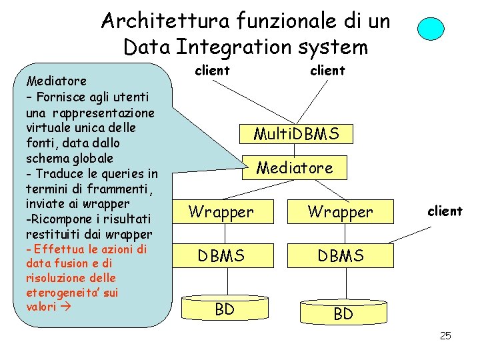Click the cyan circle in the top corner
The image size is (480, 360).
tap(430, 29)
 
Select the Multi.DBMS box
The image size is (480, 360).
tap(295, 134)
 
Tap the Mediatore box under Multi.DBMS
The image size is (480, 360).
tap(295, 168)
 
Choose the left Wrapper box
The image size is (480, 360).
tap(221, 212)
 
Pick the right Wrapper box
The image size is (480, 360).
tap(340, 212)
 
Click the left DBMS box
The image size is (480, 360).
tap(221, 255)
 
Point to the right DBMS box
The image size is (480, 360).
tap(340, 255)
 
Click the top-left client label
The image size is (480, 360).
tap(212, 70)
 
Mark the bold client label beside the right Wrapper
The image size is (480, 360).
tap(445, 211)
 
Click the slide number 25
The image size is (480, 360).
tap(445, 335)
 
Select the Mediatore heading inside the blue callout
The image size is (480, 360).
tap(55, 81)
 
